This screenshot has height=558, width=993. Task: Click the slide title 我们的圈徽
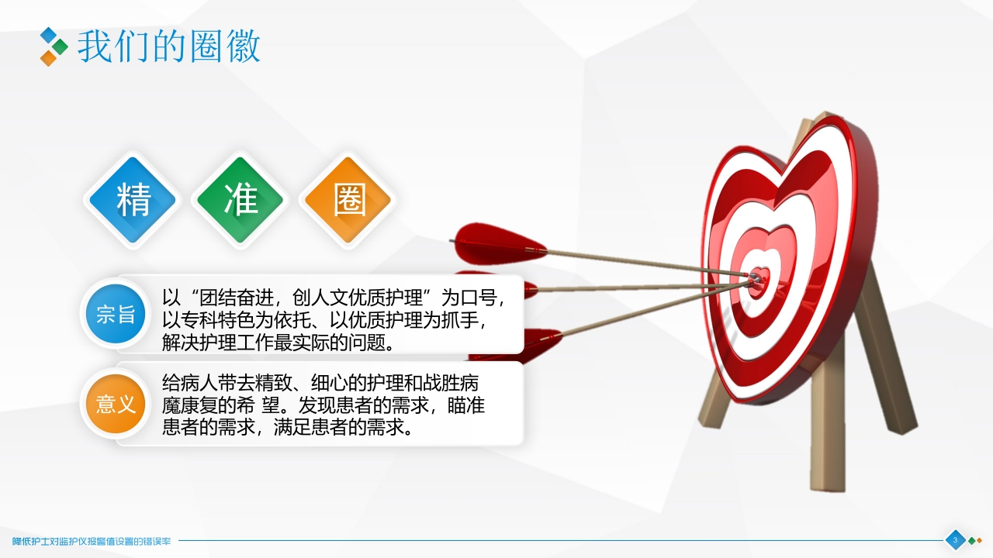click(x=169, y=46)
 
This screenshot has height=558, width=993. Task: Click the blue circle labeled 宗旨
click(x=116, y=314)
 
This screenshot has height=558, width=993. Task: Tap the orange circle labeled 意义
click(x=116, y=403)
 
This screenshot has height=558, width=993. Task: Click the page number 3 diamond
click(x=955, y=540)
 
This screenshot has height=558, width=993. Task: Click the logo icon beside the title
click(x=53, y=46)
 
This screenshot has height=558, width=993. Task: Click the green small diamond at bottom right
click(x=971, y=540)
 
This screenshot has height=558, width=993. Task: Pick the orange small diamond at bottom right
click(x=979, y=540)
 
